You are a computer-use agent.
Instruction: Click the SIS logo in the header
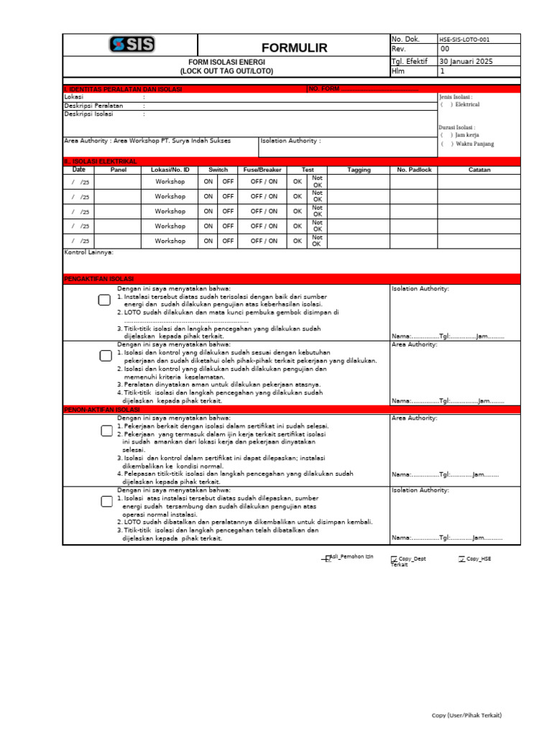132,45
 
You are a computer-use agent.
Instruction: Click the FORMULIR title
294,48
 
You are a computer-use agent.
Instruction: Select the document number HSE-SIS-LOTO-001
464,40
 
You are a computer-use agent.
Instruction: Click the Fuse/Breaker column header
264,170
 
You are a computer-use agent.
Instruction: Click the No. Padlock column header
413,170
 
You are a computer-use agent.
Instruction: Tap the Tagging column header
359,170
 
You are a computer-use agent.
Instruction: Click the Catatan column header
479,170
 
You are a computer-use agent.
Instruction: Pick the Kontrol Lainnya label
89,252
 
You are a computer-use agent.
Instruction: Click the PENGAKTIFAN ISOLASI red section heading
99,278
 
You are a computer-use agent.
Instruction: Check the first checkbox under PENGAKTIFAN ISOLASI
105,300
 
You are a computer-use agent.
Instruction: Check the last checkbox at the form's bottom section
106,501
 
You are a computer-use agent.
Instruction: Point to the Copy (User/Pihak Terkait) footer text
466,715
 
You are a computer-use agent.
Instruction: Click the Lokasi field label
74,96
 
